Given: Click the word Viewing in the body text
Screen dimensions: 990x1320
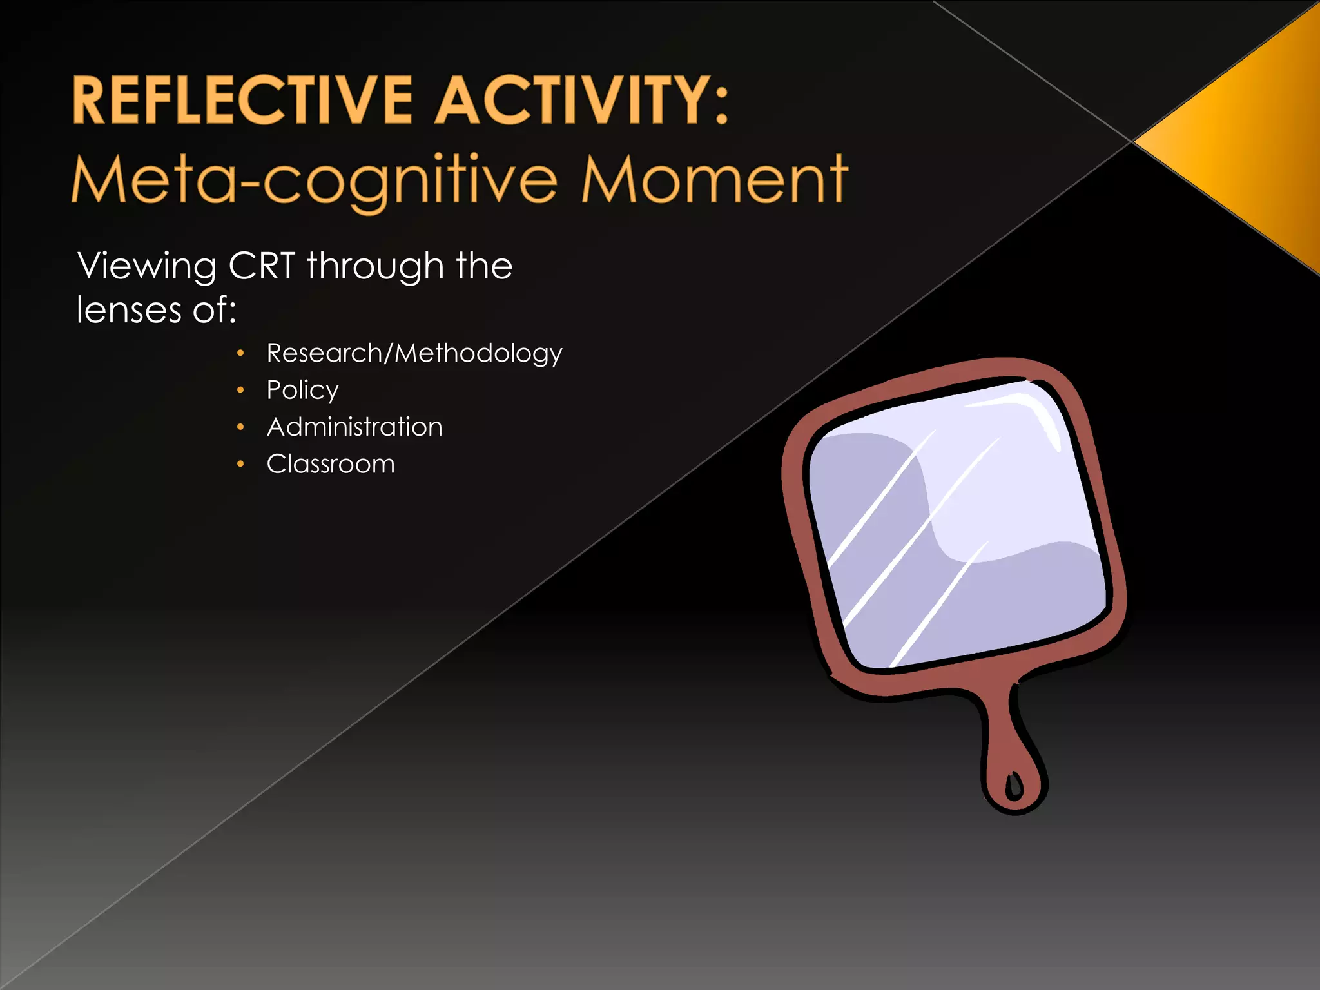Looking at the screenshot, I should [x=147, y=266].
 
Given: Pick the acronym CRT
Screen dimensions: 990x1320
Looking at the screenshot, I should [x=262, y=266].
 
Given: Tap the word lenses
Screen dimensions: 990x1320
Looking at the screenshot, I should [x=129, y=310].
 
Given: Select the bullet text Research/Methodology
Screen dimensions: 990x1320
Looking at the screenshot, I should [x=414, y=353].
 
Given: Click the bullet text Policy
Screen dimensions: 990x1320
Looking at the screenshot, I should [x=302, y=391].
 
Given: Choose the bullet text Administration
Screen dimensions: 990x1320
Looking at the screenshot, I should [x=354, y=427].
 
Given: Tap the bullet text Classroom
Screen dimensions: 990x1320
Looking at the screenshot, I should [x=331, y=464].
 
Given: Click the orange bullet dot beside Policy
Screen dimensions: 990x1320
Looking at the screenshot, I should [x=240, y=390].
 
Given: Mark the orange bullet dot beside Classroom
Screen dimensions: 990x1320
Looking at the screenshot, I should [x=240, y=464].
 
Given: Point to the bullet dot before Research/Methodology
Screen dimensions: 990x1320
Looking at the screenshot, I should [x=240, y=353].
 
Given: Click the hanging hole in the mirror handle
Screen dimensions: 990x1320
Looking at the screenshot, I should [x=1013, y=785].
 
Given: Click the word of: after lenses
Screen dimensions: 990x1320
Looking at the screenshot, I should [x=215, y=310].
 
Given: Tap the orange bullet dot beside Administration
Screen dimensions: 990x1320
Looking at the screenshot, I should [x=240, y=427].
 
